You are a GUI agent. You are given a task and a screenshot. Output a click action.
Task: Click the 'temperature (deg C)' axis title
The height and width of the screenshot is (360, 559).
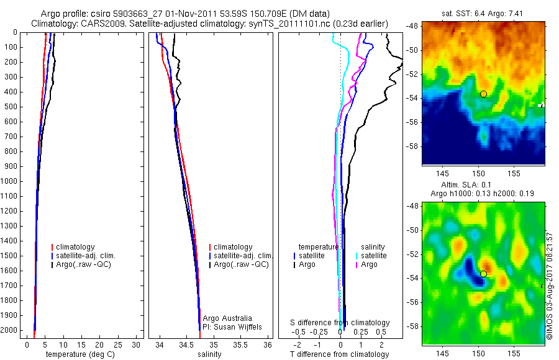78,354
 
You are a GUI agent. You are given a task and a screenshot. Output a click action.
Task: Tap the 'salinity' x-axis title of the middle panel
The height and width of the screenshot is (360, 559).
209,354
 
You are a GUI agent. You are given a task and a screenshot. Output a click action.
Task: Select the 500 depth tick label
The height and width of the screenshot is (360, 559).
11,106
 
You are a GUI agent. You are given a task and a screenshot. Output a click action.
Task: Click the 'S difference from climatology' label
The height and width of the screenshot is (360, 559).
340,323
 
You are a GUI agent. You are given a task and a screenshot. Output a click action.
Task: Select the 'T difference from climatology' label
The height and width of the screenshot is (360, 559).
340,354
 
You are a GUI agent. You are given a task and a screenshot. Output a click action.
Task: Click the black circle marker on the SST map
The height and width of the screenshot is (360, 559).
483,94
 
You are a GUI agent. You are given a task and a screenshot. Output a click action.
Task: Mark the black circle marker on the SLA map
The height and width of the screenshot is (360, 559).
483,274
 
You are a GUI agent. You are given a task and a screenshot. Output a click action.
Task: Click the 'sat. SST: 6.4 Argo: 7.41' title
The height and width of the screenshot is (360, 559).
483,13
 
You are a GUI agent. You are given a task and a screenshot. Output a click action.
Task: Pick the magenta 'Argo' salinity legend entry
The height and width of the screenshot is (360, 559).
369,265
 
